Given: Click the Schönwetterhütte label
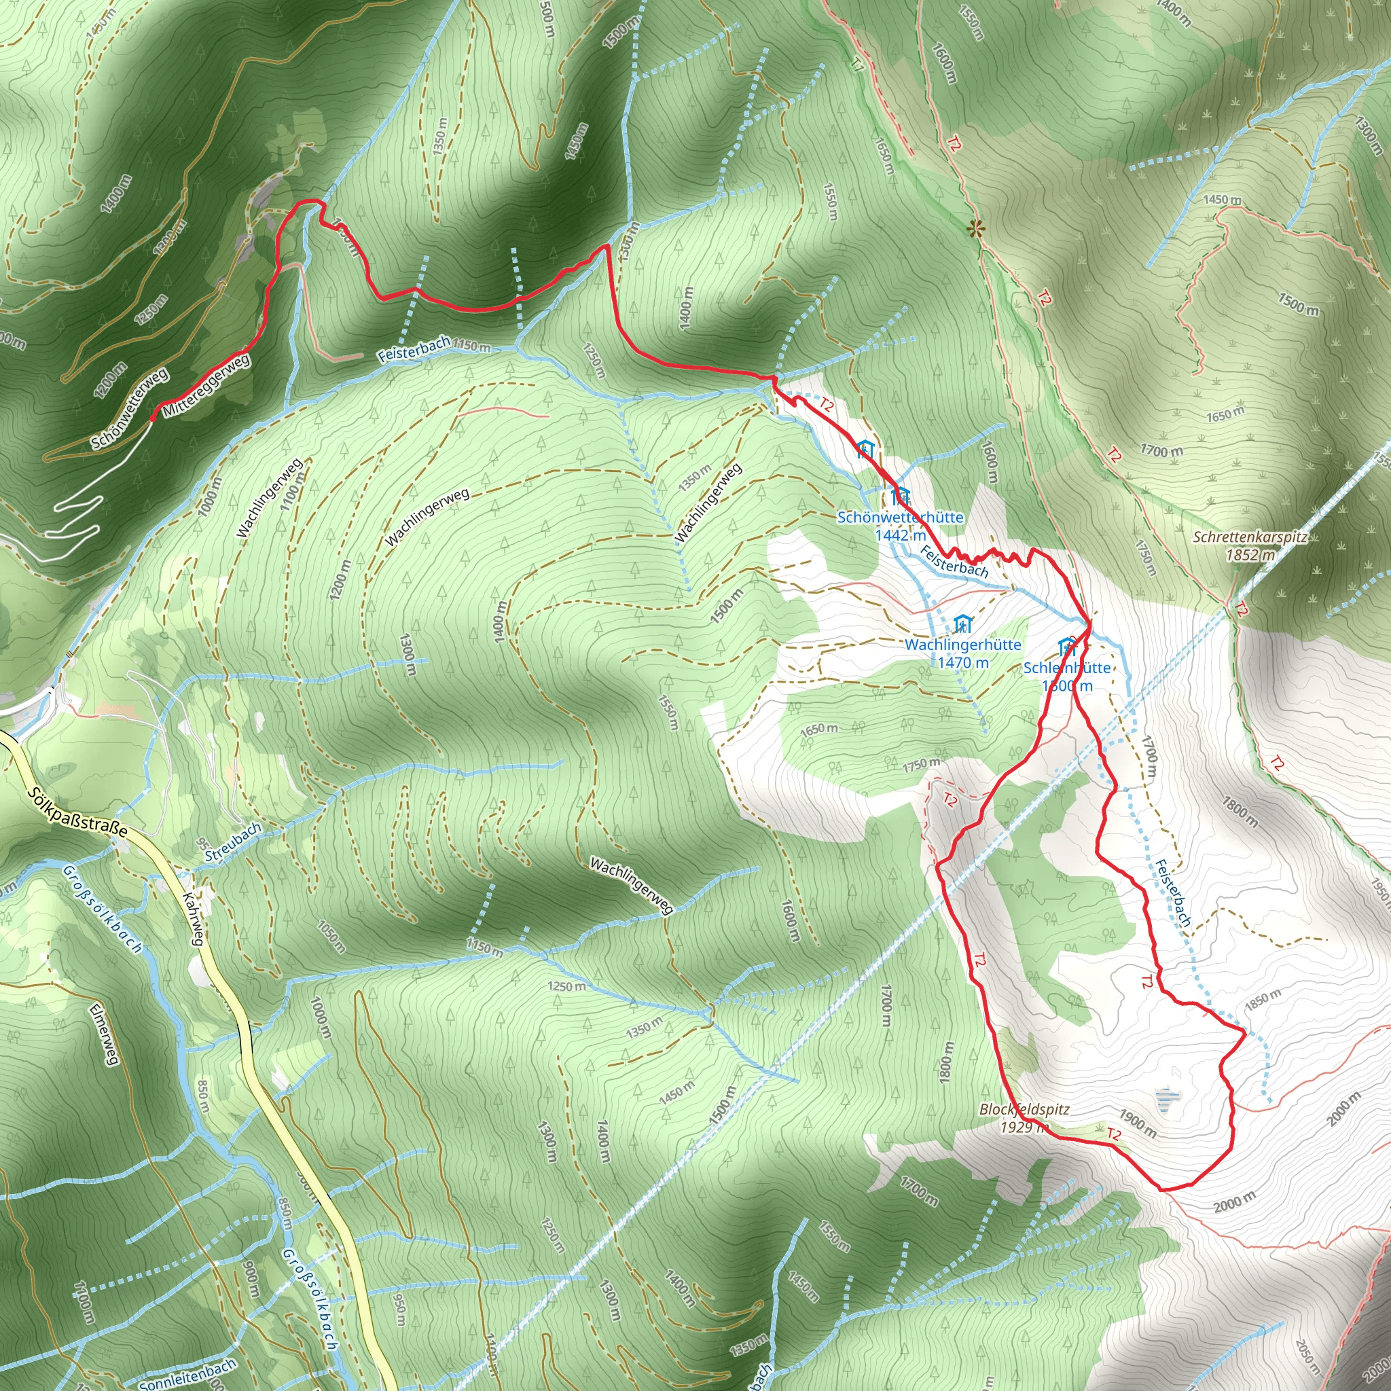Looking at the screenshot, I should tap(899, 517).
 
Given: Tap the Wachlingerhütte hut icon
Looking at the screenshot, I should tap(962, 624).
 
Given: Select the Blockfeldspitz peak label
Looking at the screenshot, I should tap(1024, 1110).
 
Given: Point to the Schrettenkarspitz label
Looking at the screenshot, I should tap(1250, 537).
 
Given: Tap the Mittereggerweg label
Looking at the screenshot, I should tap(206, 386).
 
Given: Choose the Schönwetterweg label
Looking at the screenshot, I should tap(130, 408).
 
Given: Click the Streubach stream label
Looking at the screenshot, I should tap(232, 842).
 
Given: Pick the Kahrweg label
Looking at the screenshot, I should tap(193, 920).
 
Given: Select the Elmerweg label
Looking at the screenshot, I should tap(103, 1034).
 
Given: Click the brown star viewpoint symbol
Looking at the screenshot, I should tap(975, 230).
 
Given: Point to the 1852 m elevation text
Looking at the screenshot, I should tap(1250, 555).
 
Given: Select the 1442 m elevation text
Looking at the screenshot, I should tap(899, 535).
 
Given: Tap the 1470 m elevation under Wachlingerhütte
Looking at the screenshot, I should tap(962, 662).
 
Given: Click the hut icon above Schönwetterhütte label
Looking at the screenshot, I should tap(900, 496).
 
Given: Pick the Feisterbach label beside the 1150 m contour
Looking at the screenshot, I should tap(414, 350).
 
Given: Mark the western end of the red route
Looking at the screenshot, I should tap(153, 417).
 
